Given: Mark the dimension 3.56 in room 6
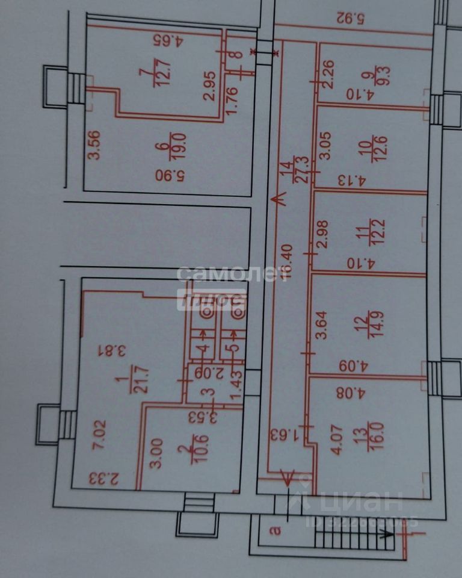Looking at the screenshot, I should click(94, 146).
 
